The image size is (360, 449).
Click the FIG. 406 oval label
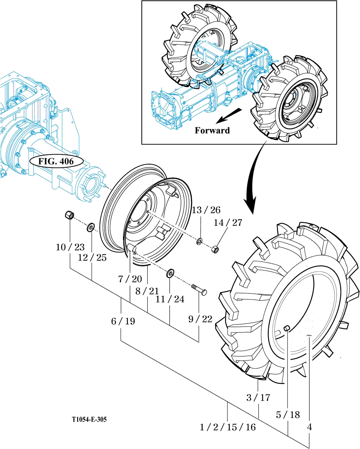coord(56,161)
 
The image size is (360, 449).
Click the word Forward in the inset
coord(212,130)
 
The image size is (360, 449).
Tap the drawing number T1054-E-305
coord(89,419)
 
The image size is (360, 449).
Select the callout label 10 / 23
coord(70,247)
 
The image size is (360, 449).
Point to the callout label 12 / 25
coord(92,258)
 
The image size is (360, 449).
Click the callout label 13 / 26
coord(206,210)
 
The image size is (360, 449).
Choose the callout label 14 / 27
coord(228,222)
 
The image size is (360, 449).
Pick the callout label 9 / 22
coord(200,319)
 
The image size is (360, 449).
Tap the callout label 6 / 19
coord(123,321)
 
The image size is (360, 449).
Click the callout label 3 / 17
coord(258,398)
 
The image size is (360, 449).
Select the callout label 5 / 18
coord(288,415)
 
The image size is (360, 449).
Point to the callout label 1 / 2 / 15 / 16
coord(228,427)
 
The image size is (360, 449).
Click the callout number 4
coord(309,427)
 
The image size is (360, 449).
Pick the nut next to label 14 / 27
coord(215,248)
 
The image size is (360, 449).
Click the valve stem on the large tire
coord(286,328)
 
